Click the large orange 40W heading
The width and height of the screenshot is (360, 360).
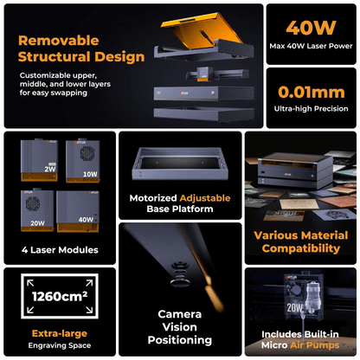click(x=311, y=28)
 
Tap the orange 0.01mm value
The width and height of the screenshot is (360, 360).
click(x=312, y=93)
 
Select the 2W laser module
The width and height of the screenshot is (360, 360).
click(x=39, y=160)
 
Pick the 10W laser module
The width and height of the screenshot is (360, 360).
click(x=83, y=162)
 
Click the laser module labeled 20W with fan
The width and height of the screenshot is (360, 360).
click(x=37, y=210)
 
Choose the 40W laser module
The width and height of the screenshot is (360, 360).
click(x=78, y=211)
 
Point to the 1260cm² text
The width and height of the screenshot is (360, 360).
click(x=60, y=296)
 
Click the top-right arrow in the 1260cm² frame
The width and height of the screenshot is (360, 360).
click(x=89, y=283)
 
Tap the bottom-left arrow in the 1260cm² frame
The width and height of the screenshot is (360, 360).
click(x=30, y=310)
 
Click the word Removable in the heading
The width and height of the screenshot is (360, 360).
click(x=59, y=41)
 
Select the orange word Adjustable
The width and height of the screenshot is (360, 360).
click(x=205, y=198)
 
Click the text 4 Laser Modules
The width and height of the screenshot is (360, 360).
click(x=60, y=250)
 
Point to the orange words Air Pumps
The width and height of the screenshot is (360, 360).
click(x=315, y=345)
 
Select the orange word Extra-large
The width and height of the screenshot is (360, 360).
click(x=60, y=333)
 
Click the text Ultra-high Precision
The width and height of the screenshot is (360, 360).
click(x=312, y=109)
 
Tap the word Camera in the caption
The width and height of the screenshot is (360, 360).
click(x=180, y=314)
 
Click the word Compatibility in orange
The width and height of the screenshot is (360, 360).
click(x=301, y=248)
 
